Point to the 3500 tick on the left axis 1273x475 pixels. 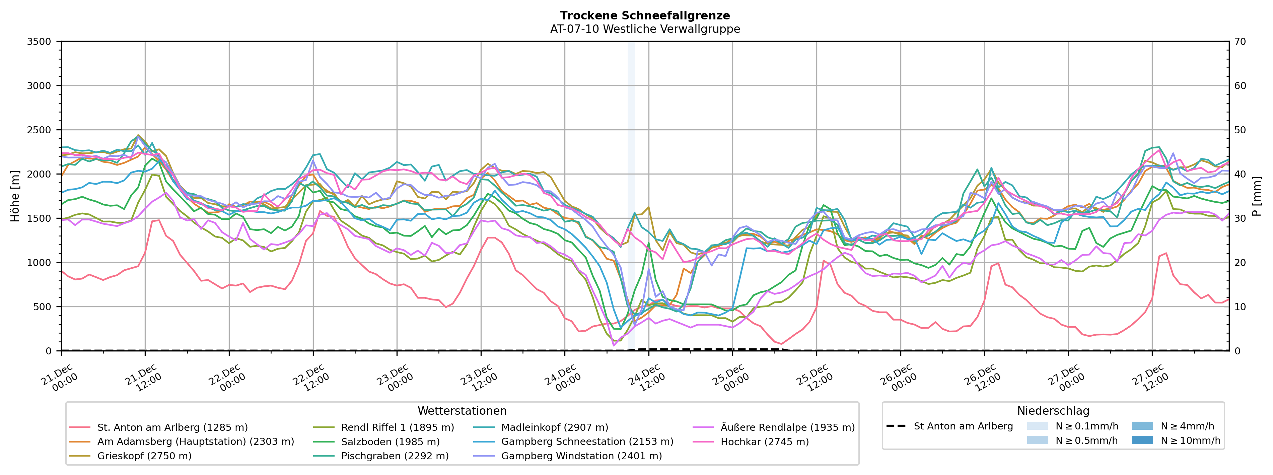(39, 42)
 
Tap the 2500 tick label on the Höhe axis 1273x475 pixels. (39, 130)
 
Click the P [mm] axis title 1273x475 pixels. (1257, 196)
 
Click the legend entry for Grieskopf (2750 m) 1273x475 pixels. (144, 456)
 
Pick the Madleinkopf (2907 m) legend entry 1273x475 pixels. (555, 427)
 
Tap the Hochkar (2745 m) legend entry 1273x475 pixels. (765, 442)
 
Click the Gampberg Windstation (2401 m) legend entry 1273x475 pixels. (581, 456)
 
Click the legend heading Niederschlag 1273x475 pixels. (1053, 411)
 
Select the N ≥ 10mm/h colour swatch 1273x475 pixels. (1142, 440)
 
